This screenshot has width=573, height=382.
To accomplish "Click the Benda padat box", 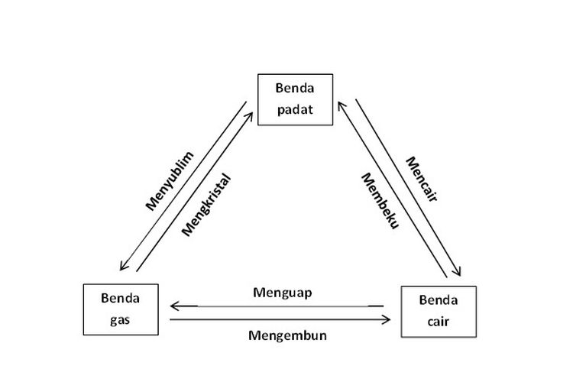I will [x=296, y=100].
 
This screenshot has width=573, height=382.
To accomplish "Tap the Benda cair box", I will [x=438, y=311].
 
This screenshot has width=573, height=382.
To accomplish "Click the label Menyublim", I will [x=169, y=180].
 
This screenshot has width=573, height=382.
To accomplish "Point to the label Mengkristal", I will [x=206, y=202].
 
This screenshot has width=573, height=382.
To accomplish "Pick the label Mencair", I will [x=422, y=180].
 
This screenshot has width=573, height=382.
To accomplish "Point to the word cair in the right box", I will [x=438, y=320].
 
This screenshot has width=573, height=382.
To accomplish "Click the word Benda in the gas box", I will [x=120, y=299].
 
